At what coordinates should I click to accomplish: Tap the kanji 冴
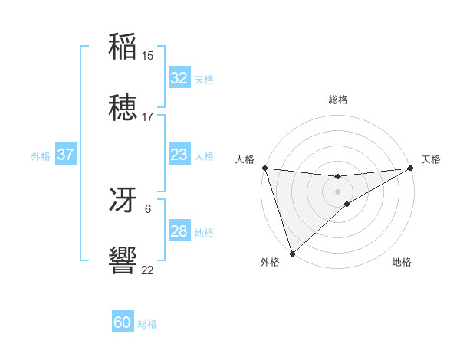pyautogui.click(x=123, y=200)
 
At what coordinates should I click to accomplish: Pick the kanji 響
pyautogui.click(x=123, y=261)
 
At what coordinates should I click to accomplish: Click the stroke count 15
pyautogui.click(x=148, y=56)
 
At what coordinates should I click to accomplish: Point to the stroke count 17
pyautogui.click(x=148, y=117)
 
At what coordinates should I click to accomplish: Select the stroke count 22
pyautogui.click(x=148, y=270)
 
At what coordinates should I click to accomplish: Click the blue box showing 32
pyautogui.click(x=179, y=78)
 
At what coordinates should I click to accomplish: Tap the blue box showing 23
pyautogui.click(x=179, y=155)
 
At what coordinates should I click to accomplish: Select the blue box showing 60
pyautogui.click(x=123, y=323)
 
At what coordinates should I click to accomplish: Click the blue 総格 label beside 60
pyautogui.click(x=147, y=324)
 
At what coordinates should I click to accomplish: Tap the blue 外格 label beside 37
pyautogui.click(x=41, y=156)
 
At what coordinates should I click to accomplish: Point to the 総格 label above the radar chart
pyautogui.click(x=337, y=100)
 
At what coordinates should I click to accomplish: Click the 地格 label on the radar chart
pyautogui.click(x=402, y=263)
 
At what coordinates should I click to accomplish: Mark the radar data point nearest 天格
pyautogui.click(x=410, y=168)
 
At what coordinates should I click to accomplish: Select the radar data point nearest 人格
pyautogui.click(x=264, y=168)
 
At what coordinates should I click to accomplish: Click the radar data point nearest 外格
pyautogui.click(x=292, y=253)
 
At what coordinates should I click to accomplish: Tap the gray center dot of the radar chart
pyautogui.click(x=337, y=191)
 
